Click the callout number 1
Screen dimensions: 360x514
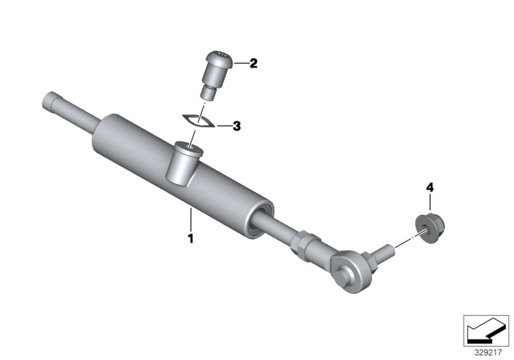190,238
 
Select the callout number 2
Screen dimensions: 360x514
253,64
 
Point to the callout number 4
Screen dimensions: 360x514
430,188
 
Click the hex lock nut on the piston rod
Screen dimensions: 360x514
303,243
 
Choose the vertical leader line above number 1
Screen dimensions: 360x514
190,220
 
